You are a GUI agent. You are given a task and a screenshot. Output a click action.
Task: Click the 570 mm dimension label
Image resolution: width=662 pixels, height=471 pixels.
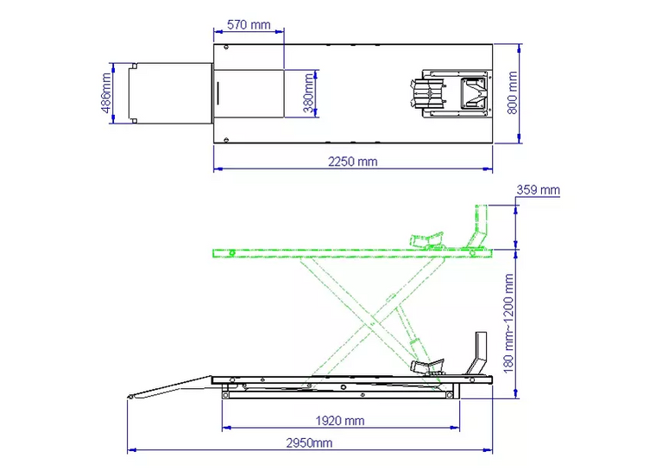249,24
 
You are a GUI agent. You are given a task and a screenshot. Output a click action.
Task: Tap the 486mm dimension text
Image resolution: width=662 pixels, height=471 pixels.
106,93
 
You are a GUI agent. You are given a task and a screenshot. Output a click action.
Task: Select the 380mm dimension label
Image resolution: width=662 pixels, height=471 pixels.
309,93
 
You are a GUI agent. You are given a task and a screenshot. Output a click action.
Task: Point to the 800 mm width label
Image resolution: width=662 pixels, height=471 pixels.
512,92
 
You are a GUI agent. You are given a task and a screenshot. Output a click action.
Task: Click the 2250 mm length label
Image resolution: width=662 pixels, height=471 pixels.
352,162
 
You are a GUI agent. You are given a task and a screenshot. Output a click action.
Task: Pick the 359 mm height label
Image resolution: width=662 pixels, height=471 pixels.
539,190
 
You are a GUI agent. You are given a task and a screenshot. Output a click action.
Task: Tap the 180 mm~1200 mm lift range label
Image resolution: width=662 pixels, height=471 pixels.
508,323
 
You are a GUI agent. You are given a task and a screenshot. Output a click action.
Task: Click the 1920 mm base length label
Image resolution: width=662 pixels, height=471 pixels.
340,421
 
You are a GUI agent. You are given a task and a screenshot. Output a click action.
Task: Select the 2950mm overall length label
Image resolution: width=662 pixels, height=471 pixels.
309,442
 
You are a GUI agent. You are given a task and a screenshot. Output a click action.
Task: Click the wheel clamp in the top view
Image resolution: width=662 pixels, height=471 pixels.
451,93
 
